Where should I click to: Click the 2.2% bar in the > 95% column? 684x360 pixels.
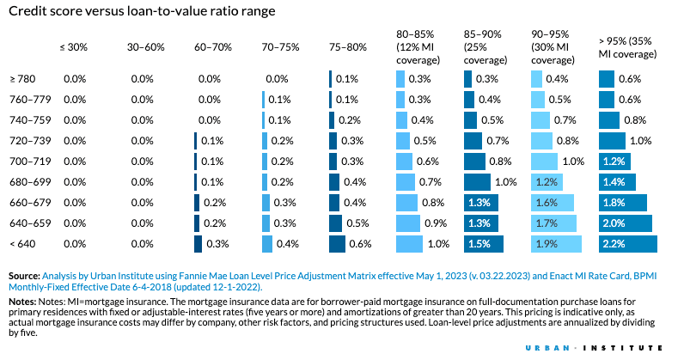(x=627, y=243)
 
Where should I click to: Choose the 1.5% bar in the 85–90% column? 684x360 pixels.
(x=481, y=243)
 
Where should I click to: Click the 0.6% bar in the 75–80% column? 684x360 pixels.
(x=336, y=243)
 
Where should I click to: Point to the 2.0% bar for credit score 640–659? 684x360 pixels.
(x=625, y=223)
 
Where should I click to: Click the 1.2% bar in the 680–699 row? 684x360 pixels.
(x=547, y=181)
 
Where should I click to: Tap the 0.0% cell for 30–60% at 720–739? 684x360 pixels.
(x=142, y=140)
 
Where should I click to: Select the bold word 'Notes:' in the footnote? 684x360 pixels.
(x=21, y=302)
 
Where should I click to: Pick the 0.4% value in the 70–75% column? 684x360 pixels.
(x=287, y=243)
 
